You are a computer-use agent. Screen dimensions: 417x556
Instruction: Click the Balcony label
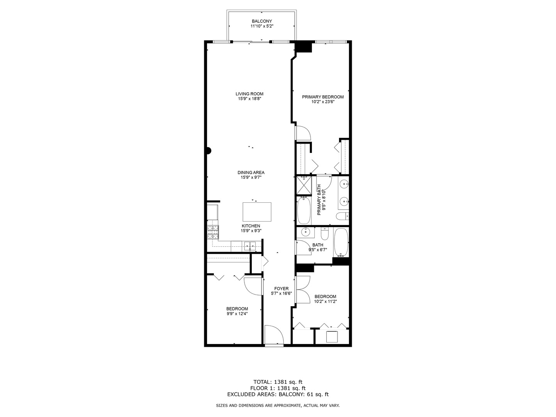pos(262,21)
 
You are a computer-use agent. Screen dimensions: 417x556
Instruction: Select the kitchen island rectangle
pos(257,211)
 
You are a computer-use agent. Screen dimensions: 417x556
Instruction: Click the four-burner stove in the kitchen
pos(213,232)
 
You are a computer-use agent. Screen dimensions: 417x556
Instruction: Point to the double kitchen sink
pos(249,246)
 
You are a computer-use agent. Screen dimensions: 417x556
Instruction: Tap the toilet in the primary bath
pos(342,216)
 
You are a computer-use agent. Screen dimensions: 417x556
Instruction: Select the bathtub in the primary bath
pos(304,210)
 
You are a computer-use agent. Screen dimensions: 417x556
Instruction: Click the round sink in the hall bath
pos(306,232)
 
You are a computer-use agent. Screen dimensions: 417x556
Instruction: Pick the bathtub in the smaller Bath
pos(341,242)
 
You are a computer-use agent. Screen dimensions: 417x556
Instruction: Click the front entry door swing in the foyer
pos(274,334)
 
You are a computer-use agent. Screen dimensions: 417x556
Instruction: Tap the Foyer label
pos(281,288)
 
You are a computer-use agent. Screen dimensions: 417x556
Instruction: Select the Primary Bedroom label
pos(323,97)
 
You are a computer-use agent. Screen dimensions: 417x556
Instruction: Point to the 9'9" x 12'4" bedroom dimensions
pos(237,314)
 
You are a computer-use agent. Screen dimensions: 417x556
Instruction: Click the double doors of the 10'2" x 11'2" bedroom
pos(303,290)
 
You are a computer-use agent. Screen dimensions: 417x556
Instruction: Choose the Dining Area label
pos(251,173)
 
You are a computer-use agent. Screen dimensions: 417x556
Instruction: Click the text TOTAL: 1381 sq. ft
pos(278,382)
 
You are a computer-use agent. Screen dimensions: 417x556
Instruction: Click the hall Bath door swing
pos(303,247)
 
